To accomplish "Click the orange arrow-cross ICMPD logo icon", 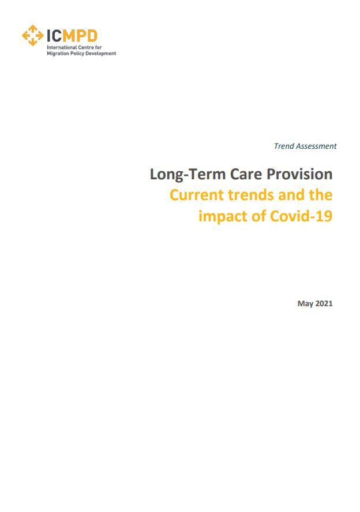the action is (x=33, y=35).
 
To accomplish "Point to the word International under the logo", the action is (x=61, y=47).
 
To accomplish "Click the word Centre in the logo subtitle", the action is (x=85, y=47).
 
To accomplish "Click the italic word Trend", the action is (x=284, y=146).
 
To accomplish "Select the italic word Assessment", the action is (x=316, y=146).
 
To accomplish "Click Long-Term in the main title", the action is (x=188, y=174).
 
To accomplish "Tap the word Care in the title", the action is (x=246, y=174).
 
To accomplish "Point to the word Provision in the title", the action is (x=299, y=174).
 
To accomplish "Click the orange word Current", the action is (x=197, y=195).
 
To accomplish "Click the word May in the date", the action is (x=305, y=304).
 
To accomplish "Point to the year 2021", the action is (x=324, y=303).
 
